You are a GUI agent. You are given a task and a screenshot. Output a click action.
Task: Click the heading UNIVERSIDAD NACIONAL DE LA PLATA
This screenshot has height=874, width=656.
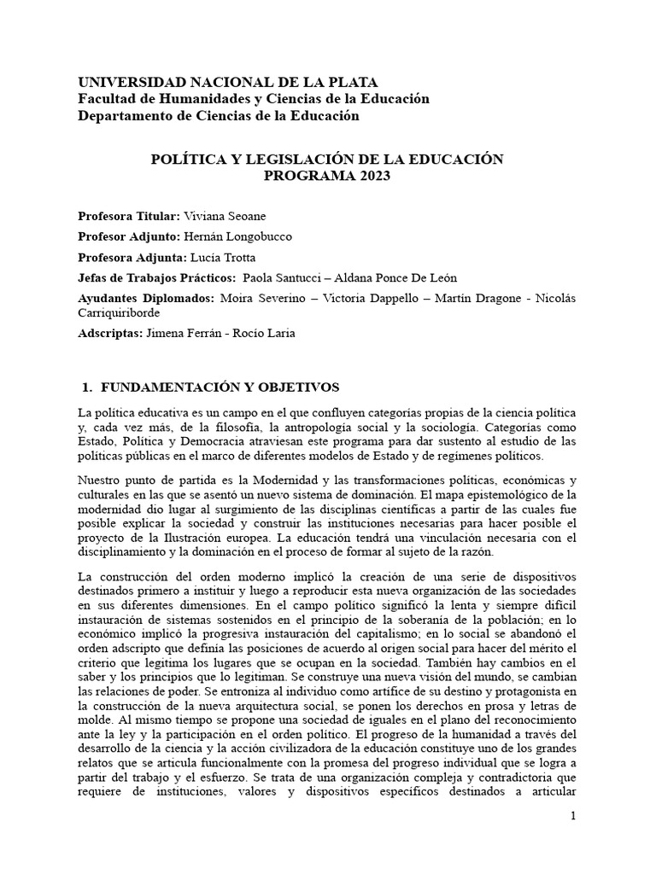[227, 83]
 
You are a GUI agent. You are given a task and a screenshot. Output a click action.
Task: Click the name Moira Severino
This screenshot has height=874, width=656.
[255, 299]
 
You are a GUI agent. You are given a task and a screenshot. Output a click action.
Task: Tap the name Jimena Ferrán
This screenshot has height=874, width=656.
[179, 333]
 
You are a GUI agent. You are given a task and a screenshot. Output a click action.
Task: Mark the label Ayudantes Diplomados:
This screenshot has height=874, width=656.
[145, 299]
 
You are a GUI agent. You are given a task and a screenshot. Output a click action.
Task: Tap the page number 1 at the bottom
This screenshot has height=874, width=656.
[574, 817]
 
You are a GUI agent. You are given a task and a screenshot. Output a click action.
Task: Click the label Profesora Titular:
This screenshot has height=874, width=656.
[128, 217]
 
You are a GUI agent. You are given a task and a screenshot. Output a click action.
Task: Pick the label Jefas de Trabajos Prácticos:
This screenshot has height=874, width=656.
[156, 278]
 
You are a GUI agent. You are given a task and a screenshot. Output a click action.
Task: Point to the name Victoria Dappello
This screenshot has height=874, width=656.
[381, 299]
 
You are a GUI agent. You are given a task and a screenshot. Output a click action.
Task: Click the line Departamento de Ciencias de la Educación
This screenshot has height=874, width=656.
[219, 115]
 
